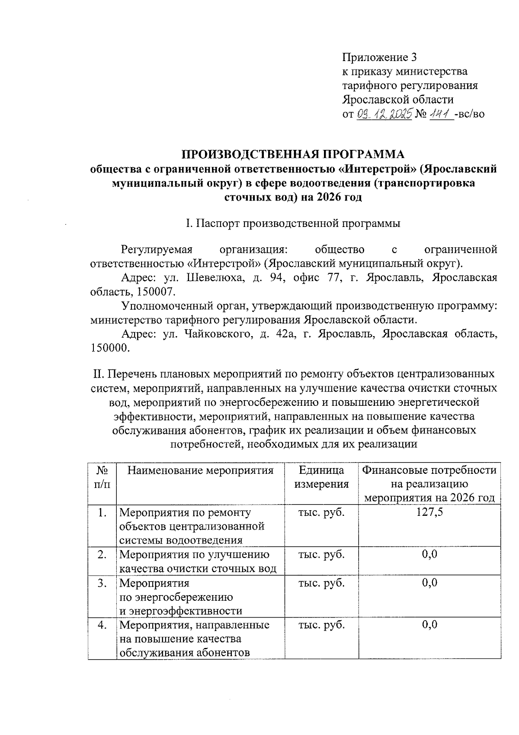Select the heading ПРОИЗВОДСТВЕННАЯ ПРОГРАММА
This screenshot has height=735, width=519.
click(x=293, y=154)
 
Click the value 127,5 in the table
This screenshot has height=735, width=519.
click(x=429, y=513)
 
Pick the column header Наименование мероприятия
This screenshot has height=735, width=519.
click(x=201, y=471)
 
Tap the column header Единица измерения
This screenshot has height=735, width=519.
click(x=321, y=477)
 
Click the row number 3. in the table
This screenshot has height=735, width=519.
click(x=102, y=583)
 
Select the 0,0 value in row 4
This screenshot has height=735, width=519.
click(x=429, y=625)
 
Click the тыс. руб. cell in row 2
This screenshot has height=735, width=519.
click(x=321, y=555)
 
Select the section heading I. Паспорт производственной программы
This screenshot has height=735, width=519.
click(x=293, y=223)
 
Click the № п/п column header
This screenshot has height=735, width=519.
click(x=102, y=477)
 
